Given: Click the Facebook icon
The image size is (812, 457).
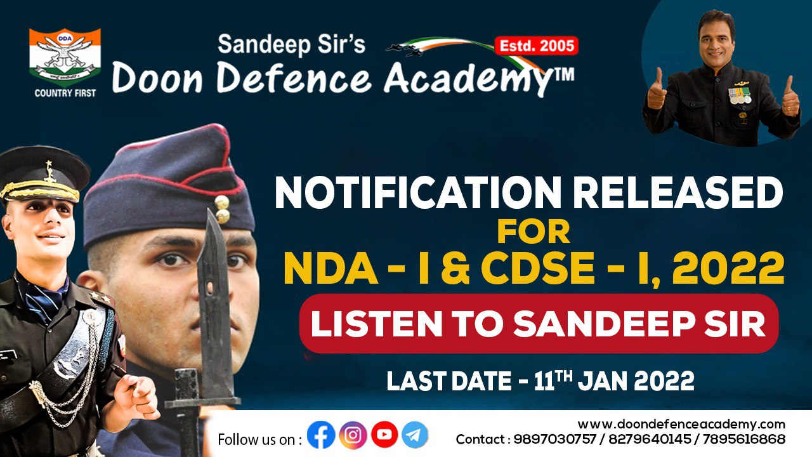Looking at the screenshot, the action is point(321,435).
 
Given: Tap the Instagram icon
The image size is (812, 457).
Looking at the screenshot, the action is point(353,435).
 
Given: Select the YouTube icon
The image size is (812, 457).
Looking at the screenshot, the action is point(384,435).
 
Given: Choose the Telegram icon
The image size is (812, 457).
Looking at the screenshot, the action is point(415,435).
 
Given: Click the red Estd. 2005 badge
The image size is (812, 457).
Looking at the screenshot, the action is point(537,46).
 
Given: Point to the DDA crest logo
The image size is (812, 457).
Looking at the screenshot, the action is point(65,57).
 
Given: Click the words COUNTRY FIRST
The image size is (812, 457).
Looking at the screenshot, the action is point(65,93).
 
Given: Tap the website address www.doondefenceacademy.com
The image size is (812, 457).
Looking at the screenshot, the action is point(681,424).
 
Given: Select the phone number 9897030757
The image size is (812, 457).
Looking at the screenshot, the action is point(555,439).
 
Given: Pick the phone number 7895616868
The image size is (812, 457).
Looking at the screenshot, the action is point(744,439).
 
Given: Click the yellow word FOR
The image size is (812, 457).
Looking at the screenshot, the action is point(534,232).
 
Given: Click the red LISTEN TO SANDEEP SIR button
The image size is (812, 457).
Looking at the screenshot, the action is point(539,323).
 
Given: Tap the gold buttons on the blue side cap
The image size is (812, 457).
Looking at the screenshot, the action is point(222,209).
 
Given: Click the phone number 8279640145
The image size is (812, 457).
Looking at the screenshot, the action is point(650,439).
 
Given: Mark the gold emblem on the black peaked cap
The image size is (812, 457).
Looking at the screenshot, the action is point(49,171).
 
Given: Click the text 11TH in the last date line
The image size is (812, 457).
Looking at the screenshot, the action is point(553,380).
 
